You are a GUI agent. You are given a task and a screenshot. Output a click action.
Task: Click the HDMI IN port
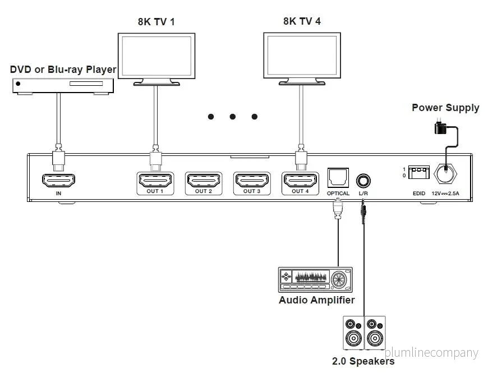[x=58, y=180]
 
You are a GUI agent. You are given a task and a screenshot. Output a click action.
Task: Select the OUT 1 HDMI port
[x=155, y=180]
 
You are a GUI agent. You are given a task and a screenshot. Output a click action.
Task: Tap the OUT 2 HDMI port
[x=204, y=180]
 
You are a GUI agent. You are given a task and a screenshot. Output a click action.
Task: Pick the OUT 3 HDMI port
[x=252, y=180]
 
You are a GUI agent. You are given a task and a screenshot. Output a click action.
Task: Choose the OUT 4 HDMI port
[x=300, y=180]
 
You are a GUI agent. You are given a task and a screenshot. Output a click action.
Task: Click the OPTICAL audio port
[x=338, y=178]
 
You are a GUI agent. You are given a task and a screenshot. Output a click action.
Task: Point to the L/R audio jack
[x=363, y=181]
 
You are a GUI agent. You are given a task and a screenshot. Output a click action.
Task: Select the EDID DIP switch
[x=418, y=172]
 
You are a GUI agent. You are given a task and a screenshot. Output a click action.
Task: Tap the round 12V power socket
[x=445, y=173]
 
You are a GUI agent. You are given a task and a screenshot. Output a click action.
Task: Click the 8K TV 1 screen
[x=156, y=56]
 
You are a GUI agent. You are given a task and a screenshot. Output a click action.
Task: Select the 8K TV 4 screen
[x=302, y=56]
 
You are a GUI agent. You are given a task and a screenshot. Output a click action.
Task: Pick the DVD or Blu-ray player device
[x=63, y=86]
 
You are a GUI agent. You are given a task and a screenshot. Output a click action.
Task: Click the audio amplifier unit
[x=315, y=279]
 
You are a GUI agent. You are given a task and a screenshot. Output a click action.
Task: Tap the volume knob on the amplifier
[x=338, y=279]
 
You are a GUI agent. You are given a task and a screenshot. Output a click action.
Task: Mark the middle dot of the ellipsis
[x=232, y=117]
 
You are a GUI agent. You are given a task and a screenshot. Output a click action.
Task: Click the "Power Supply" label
[x=445, y=108]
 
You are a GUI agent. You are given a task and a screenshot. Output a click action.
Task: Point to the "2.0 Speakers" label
[x=363, y=361]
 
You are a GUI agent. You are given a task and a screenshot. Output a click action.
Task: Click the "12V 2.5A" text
[x=445, y=194]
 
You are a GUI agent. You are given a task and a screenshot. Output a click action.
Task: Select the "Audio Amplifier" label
[x=316, y=300]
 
